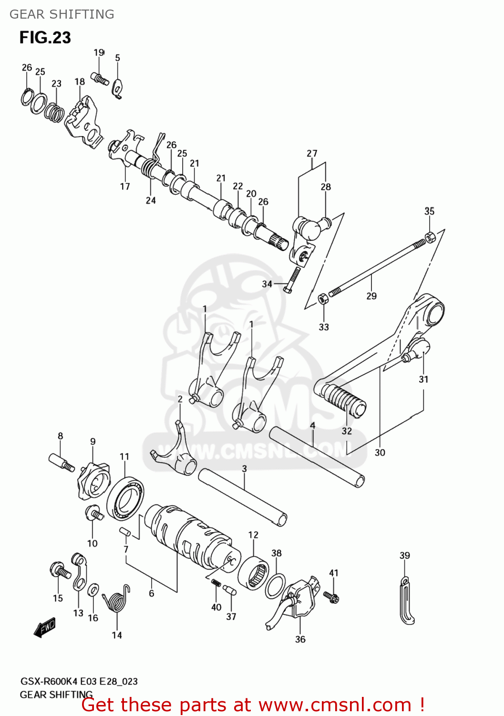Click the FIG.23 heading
click(45, 38)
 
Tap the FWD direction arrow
click(45, 628)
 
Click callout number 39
click(404, 555)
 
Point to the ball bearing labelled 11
click(125, 499)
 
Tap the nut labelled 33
click(322, 299)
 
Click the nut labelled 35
click(429, 236)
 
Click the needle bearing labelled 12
click(253, 572)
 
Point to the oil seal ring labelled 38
click(276, 586)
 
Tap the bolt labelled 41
click(331, 597)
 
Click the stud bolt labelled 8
click(62, 462)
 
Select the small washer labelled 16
click(93, 590)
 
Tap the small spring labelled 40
click(216, 582)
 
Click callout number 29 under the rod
click(371, 296)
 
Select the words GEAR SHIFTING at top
click(62, 14)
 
